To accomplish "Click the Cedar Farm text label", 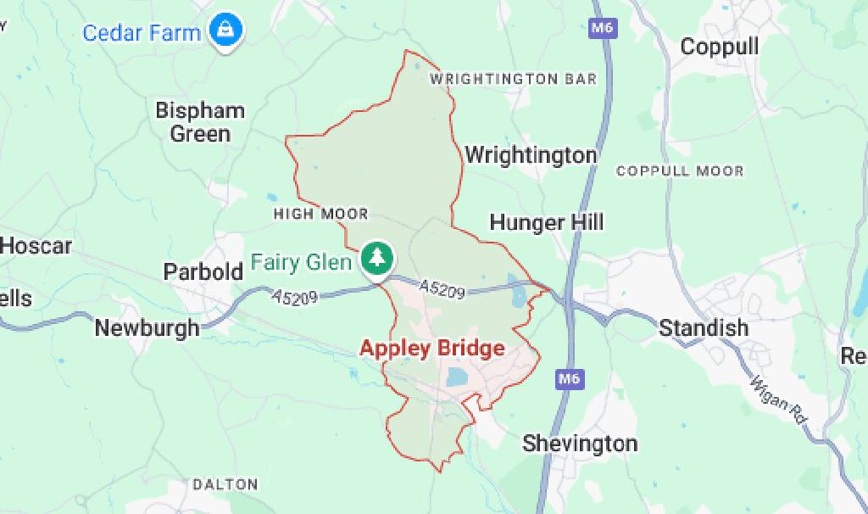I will click(x=142, y=33).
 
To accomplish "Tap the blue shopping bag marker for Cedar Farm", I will click(x=226, y=31).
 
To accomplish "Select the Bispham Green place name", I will click(x=200, y=122).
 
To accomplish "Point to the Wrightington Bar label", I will click(x=513, y=79).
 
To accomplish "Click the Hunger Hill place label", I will click(x=547, y=222).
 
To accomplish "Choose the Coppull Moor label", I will click(x=680, y=171).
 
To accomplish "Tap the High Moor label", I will click(x=320, y=215).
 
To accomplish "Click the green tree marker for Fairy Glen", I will click(x=376, y=258).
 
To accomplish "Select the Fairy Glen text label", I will click(x=301, y=262).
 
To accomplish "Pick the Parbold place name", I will click(x=203, y=272).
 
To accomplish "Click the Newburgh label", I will click(x=147, y=327).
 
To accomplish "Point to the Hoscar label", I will click(x=36, y=247).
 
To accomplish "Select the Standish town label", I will click(x=704, y=327).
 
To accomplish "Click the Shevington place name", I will click(x=579, y=443).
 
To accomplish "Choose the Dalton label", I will click(x=225, y=485).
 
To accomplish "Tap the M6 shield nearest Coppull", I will click(x=601, y=28).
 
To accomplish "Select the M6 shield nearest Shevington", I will click(x=567, y=379).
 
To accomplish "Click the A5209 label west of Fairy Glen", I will click(x=295, y=298).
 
